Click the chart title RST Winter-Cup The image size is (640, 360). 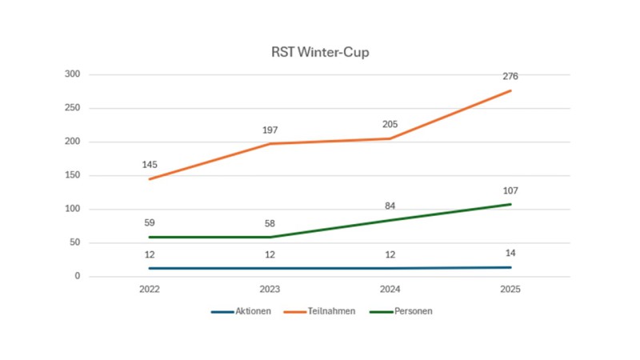[x=319, y=54]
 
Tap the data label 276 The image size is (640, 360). [x=510, y=77]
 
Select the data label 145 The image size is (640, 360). [x=150, y=165]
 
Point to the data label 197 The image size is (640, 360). [x=270, y=130]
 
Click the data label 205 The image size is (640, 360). [x=390, y=124]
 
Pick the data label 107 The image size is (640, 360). [x=510, y=190]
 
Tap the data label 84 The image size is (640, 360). [x=390, y=206]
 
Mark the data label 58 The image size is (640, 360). [x=270, y=223]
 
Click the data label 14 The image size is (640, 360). [x=510, y=253]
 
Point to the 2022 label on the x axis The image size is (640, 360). [x=150, y=290]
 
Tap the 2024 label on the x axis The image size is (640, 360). [x=390, y=290]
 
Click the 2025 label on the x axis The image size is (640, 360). [x=510, y=290]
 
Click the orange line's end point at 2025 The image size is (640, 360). [x=510, y=90]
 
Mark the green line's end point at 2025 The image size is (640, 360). [x=510, y=204]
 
